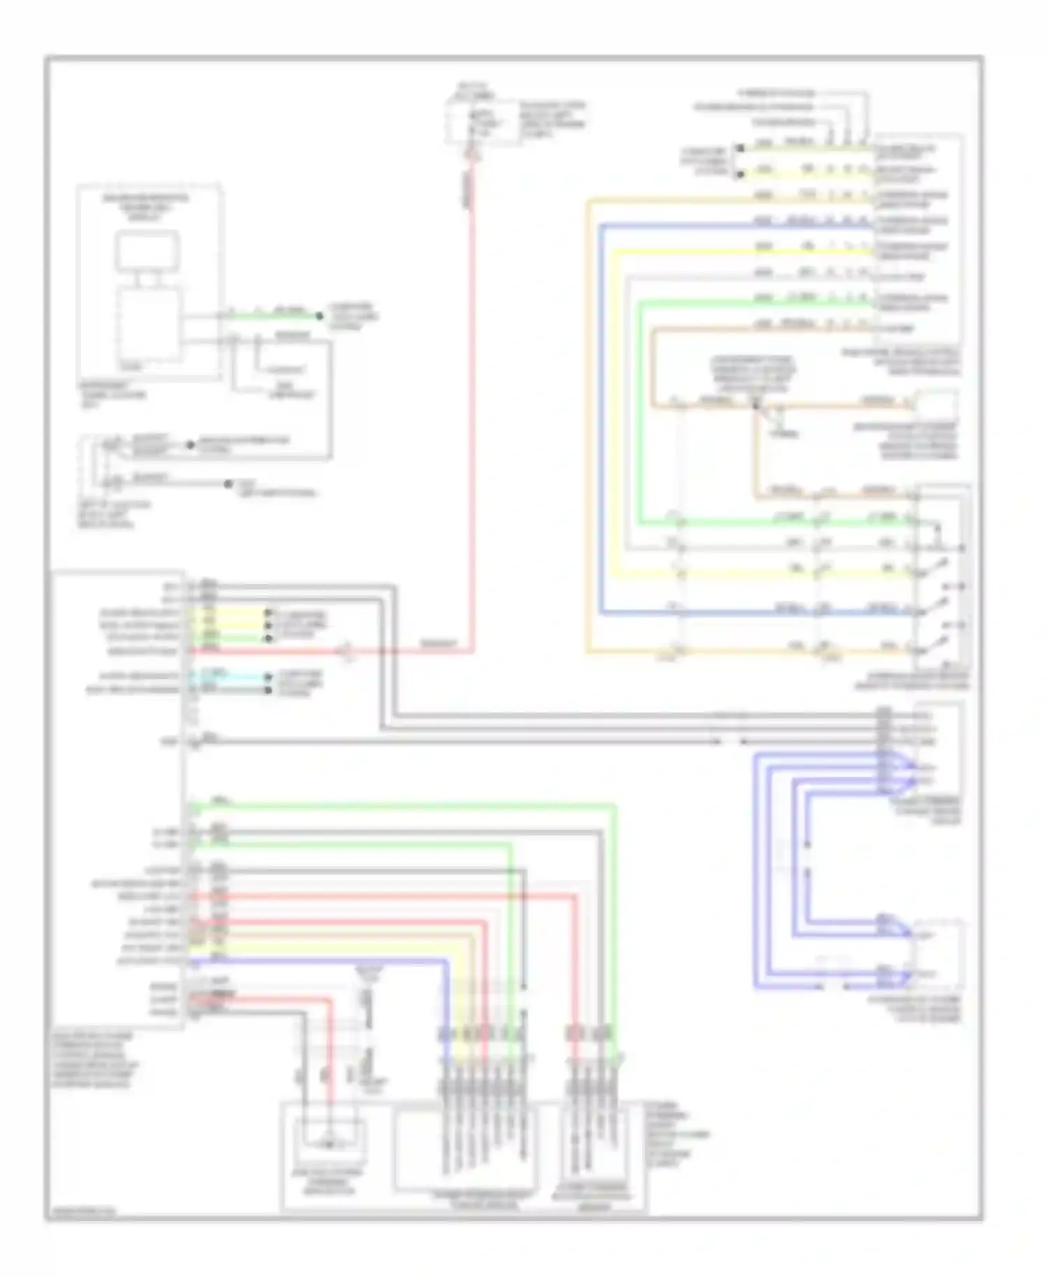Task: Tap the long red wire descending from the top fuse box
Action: pyautogui.click(x=473, y=419)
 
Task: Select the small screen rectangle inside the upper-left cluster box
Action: pyautogui.click(x=147, y=252)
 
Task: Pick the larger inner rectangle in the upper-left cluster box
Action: pyautogui.click(x=148, y=325)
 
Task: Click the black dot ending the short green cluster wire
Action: pyautogui.click(x=320, y=316)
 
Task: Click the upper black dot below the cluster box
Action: pyautogui.click(x=190, y=445)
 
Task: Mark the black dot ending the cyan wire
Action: pyautogui.click(x=268, y=677)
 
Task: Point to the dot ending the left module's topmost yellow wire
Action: pyautogui.click(x=268, y=613)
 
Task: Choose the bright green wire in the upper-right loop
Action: pyautogui.click(x=639, y=419)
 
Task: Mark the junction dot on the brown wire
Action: pyautogui.click(x=755, y=405)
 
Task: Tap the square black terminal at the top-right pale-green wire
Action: pyautogui.click(x=739, y=148)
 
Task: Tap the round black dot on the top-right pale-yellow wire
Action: pyautogui.click(x=740, y=174)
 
